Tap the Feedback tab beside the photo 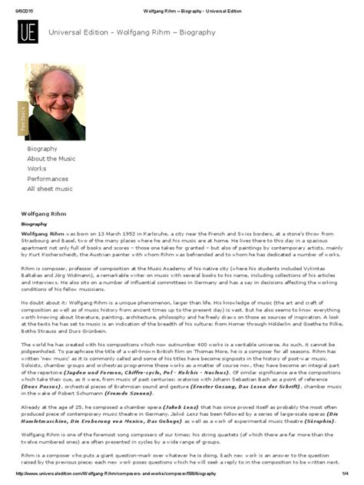pos(22,118)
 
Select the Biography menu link pos(42,148)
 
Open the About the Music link pos(51,158)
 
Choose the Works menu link pos(37,168)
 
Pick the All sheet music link pos(50,188)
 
